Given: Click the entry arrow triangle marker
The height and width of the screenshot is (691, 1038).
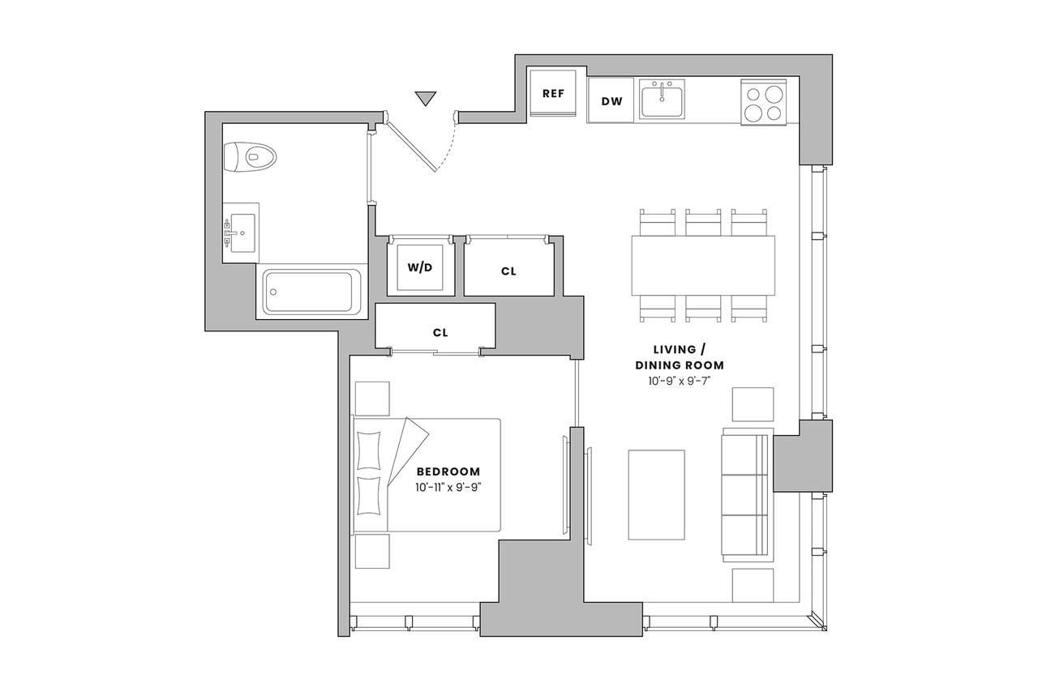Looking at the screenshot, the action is pyautogui.click(x=425, y=98).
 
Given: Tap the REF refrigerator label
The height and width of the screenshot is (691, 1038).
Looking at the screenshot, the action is pyautogui.click(x=553, y=93).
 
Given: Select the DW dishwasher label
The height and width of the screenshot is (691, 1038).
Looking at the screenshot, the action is pyautogui.click(x=611, y=101).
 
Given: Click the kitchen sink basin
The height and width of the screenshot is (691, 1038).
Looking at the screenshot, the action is pyautogui.click(x=663, y=99).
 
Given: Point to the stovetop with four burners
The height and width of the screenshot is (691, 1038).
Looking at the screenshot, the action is pyautogui.click(x=763, y=103).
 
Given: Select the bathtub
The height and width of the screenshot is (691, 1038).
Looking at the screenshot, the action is pyautogui.click(x=312, y=292).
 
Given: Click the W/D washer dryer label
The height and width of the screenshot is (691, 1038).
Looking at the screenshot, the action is pyautogui.click(x=420, y=267).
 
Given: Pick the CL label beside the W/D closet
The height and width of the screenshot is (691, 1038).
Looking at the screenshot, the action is pyautogui.click(x=508, y=271).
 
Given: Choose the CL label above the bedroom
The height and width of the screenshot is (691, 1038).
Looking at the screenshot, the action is pyautogui.click(x=440, y=333).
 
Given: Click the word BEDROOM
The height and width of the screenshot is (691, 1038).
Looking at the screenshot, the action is pyautogui.click(x=448, y=471).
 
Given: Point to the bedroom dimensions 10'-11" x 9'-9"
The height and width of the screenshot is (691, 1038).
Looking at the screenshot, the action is pyautogui.click(x=449, y=488).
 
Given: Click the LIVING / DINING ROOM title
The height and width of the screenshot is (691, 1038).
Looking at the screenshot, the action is pyautogui.click(x=680, y=357).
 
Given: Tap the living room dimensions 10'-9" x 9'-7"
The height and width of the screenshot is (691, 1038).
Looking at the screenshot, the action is pyautogui.click(x=680, y=382).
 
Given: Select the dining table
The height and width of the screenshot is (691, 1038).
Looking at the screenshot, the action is pyautogui.click(x=703, y=266).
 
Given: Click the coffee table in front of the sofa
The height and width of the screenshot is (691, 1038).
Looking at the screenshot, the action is pyautogui.click(x=656, y=495).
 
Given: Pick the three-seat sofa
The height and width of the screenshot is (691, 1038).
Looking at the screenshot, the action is pyautogui.click(x=748, y=495).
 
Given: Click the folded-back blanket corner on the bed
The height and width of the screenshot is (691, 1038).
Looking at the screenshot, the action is pyautogui.click(x=406, y=451).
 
